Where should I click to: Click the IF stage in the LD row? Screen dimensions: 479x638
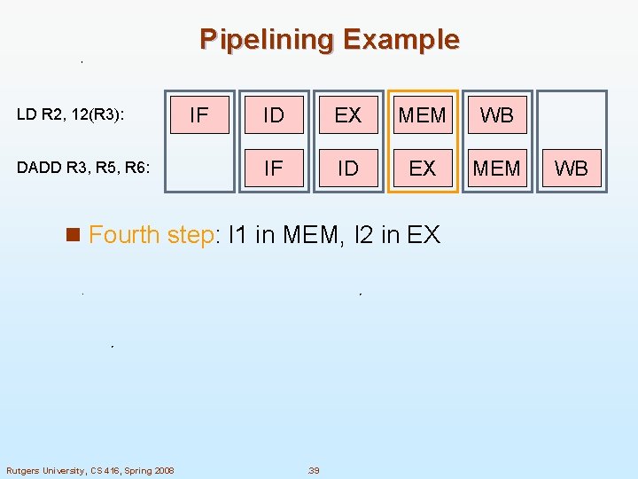[199, 114]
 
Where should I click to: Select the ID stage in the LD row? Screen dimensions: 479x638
[274, 114]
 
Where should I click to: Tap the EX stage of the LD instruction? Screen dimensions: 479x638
[348, 114]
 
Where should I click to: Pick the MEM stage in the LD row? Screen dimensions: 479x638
[423, 114]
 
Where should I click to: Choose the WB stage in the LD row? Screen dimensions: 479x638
[497, 114]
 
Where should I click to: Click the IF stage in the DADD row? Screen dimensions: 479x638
[274, 168]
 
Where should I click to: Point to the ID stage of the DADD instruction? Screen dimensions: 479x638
[348, 168]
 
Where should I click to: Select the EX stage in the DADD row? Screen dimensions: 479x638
[423, 168]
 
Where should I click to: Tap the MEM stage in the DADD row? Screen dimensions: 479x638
[497, 168]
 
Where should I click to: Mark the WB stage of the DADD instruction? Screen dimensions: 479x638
[572, 168]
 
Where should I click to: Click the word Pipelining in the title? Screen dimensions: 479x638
[267, 40]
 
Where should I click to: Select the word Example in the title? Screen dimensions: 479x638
[401, 40]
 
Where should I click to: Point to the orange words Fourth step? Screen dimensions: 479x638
[150, 235]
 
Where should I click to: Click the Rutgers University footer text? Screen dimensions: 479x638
[90, 470]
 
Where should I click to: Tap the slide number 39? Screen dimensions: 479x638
[313, 470]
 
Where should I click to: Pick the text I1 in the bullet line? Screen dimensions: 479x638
[238, 235]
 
